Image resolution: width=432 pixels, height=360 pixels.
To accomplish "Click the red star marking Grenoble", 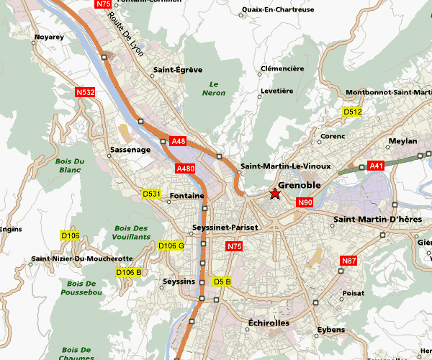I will (274, 194).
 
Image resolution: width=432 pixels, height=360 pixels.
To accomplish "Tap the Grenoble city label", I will (299, 186).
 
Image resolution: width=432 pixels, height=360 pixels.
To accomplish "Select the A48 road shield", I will (179, 141).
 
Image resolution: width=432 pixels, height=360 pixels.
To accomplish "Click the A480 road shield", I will (186, 168).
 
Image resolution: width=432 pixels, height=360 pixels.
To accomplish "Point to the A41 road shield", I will (376, 166).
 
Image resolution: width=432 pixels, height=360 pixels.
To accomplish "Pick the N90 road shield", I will (305, 203).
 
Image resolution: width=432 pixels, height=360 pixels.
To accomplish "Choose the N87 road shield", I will (349, 260).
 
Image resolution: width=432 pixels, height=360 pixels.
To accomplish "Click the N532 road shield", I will (85, 92).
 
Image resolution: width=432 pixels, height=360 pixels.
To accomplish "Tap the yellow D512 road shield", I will (353, 112).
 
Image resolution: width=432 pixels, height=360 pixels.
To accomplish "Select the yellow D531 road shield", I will (151, 194).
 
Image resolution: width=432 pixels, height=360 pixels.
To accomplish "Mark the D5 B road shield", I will (222, 281).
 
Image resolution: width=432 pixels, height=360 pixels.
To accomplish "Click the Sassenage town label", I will (130, 150).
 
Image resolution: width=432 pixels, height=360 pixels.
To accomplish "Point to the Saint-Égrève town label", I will (172, 71).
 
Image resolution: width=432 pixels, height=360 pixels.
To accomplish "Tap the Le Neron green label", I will (214, 88).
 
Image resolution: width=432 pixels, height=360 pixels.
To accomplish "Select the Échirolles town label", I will (268, 323).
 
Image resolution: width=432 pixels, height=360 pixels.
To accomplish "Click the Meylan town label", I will (402, 141).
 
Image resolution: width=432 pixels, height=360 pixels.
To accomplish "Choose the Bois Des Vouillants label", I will (132, 233).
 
